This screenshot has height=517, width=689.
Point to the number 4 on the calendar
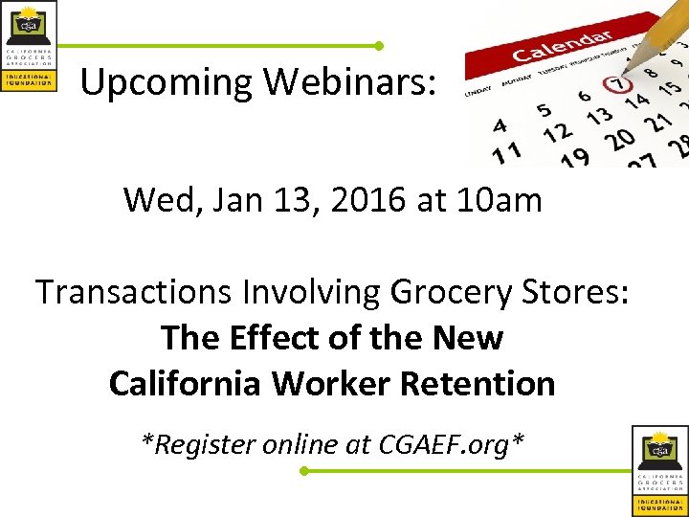tap(500, 125)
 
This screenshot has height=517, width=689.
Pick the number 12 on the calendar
tap(556, 133)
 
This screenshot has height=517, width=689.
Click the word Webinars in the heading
tap(349, 82)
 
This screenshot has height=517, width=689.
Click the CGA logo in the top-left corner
tap(30, 46)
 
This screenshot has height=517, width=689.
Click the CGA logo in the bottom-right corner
tap(659, 470)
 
